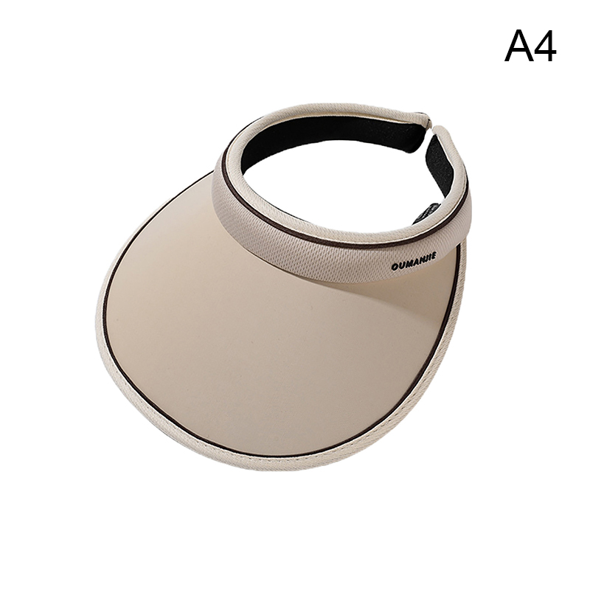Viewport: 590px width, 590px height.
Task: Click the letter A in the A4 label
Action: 519,46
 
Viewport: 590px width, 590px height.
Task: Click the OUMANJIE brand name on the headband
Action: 414,262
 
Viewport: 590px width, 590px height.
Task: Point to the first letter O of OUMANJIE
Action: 395,267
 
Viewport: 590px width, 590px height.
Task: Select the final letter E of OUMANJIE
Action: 434,256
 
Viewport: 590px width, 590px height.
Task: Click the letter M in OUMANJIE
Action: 408,263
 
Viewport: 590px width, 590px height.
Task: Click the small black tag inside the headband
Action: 426,212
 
